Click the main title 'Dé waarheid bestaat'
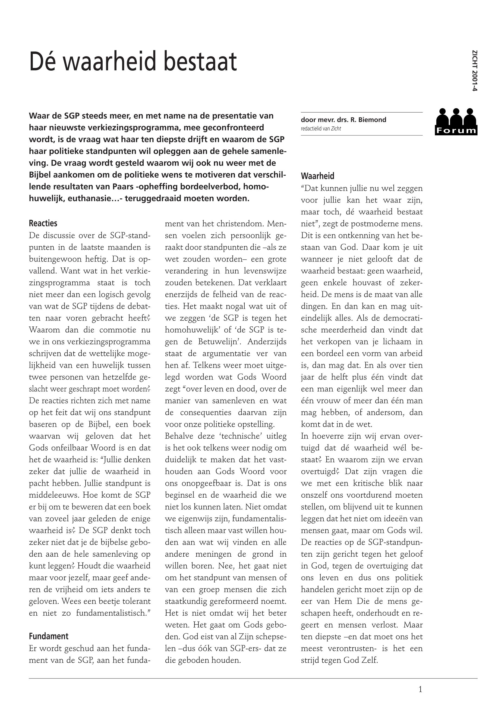(x=133, y=62)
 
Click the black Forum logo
(x=456, y=122)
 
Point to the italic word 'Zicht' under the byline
(x=336, y=129)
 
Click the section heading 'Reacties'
(x=43, y=223)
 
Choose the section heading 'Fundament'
(x=49, y=636)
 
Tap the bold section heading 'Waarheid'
(x=317, y=176)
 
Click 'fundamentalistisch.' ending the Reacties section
(x=113, y=613)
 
